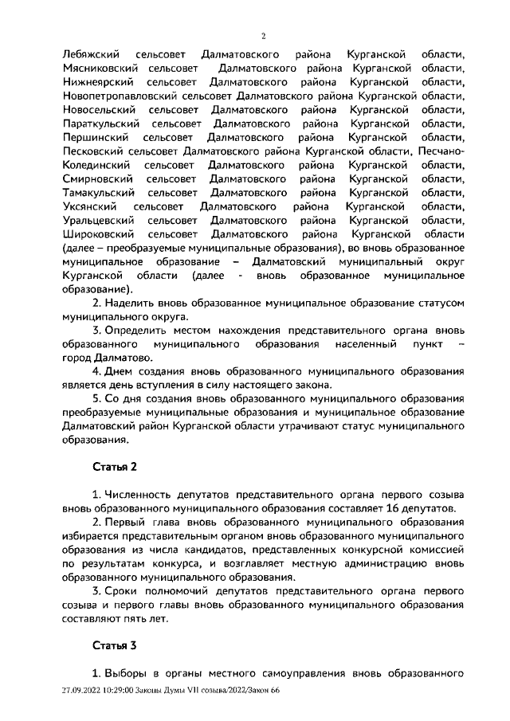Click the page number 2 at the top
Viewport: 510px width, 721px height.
point(264,36)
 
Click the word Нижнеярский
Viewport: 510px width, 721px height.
point(95,82)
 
